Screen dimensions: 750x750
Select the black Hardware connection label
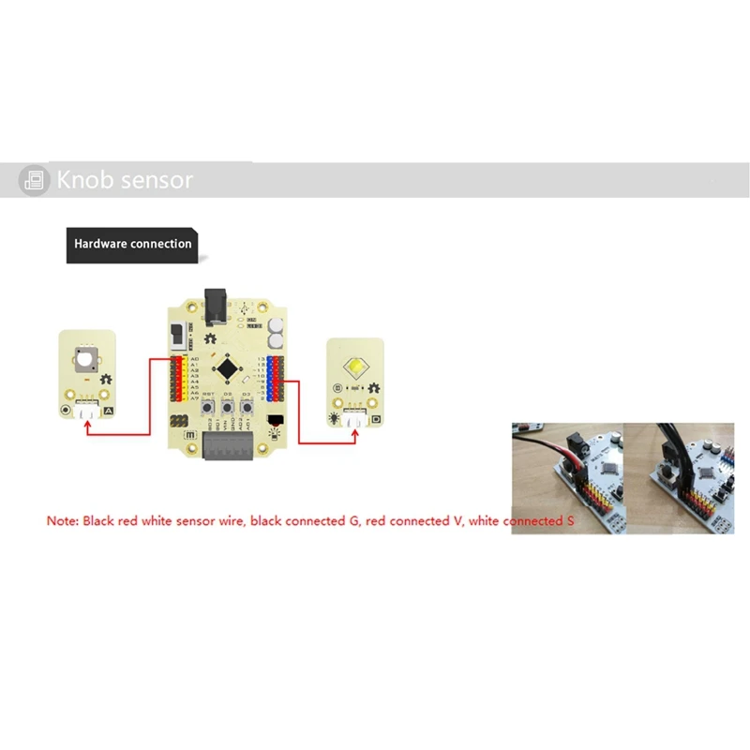coord(132,244)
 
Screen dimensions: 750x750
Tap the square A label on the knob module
coord(109,411)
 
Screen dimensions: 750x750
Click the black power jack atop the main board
coord(217,303)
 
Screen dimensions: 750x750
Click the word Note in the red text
coord(62,520)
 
